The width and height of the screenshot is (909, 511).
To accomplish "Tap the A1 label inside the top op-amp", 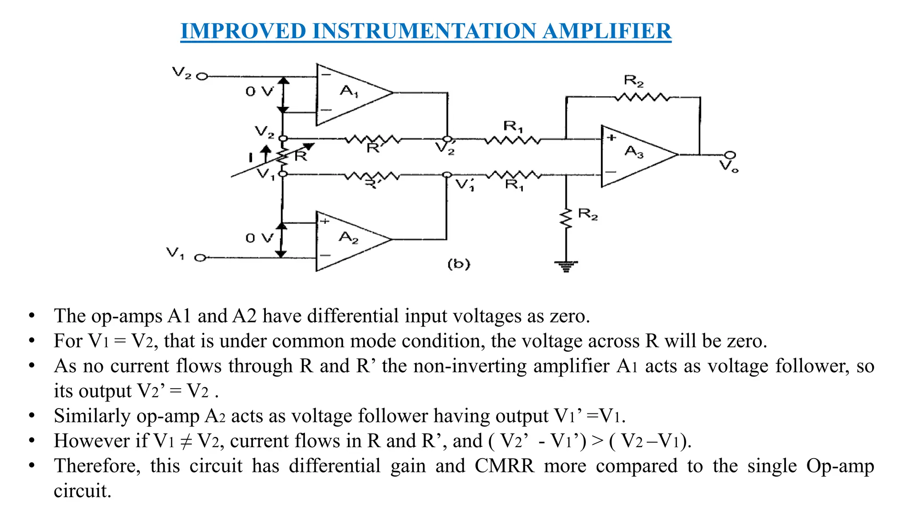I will [349, 91].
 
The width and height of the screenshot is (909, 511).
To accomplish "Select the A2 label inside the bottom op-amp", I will [348, 238].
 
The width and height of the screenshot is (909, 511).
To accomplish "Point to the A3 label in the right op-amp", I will [634, 152].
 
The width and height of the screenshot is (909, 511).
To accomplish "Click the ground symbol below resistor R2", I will [566, 266].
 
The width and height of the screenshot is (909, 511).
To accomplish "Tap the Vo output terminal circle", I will [730, 155].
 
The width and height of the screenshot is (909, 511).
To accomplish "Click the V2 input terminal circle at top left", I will [202, 76].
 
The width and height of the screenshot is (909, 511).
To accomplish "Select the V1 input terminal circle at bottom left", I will [201, 258].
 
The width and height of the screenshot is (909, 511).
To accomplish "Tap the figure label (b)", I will [458, 264].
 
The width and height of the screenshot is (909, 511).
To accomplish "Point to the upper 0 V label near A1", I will [260, 92].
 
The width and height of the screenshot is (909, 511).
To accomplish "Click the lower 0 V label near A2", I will [260, 238].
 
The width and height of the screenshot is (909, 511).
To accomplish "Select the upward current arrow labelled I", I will [265, 155].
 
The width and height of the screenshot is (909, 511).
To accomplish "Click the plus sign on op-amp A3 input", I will [612, 138].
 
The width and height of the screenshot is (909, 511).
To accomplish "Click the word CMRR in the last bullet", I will [504, 466].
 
